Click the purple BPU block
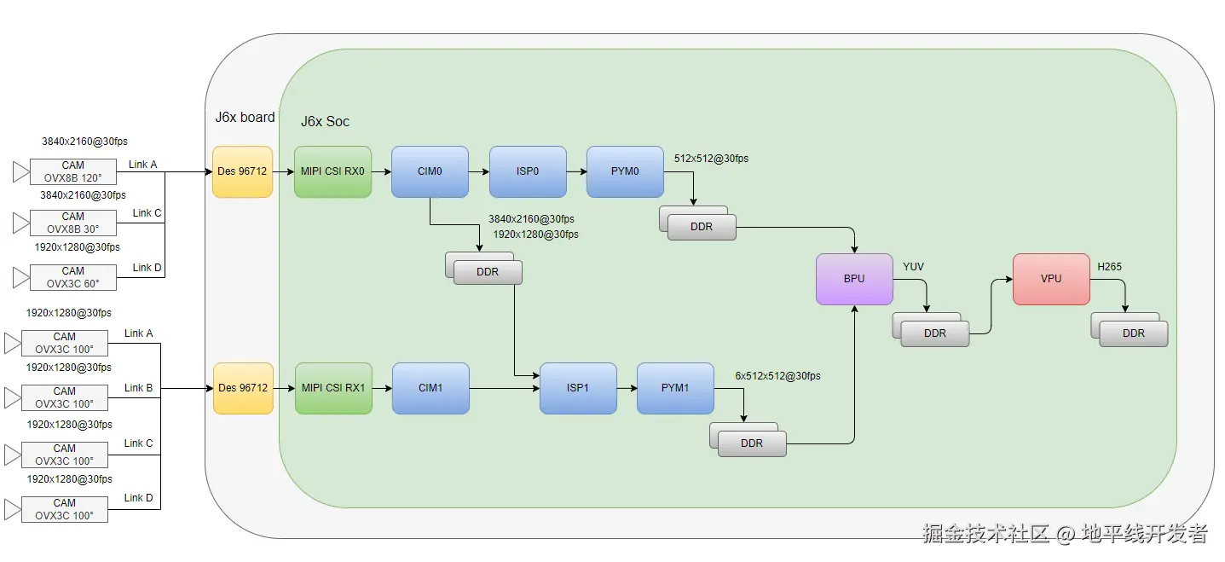[854, 279]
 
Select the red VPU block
[1051, 279]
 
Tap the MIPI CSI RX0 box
[332, 171]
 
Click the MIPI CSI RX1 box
[333, 389]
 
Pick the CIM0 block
[430, 171]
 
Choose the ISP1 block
[578, 389]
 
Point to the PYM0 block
[625, 171]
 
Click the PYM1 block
[675, 389]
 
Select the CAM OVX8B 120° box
[72, 171]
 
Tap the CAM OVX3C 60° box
[72, 277]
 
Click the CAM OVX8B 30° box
[72, 223]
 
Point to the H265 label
[1109, 266]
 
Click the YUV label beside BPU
[913, 266]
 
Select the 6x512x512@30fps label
[777, 376]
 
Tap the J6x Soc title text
[325, 121]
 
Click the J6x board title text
[245, 117]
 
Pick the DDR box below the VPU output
[1130, 330]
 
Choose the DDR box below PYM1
[748, 440]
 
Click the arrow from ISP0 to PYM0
[576, 171]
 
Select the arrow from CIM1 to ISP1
[504, 389]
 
